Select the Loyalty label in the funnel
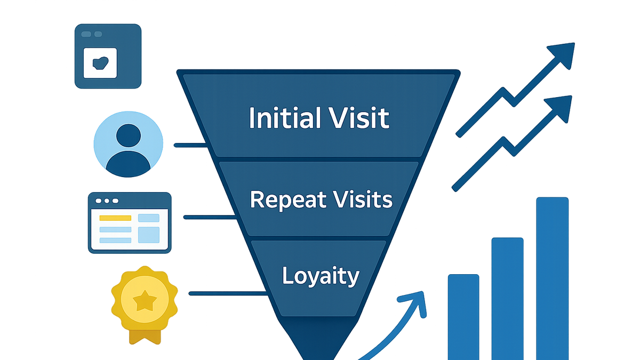(x=321, y=276)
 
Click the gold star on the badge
(x=145, y=301)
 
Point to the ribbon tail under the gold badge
(x=145, y=337)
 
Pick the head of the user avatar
(x=129, y=135)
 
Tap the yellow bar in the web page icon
(x=115, y=218)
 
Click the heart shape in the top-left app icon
(x=100, y=63)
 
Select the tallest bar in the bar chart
(x=553, y=278)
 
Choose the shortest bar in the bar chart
(x=463, y=317)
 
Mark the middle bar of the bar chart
(x=507, y=299)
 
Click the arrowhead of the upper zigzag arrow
(x=563, y=55)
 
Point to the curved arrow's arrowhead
(x=414, y=303)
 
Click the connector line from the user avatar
(x=190, y=146)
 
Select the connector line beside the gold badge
(x=228, y=293)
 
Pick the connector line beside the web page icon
(x=210, y=218)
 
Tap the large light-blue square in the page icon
(x=149, y=235)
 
